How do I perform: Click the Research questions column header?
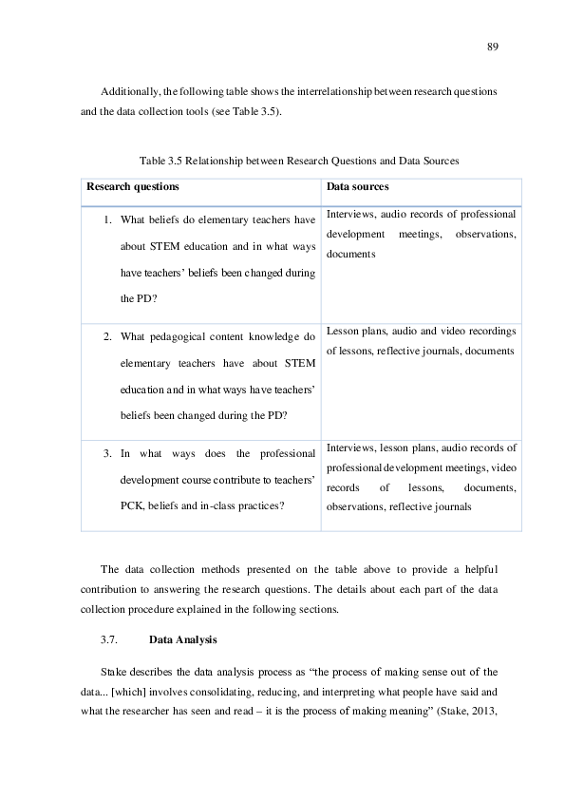tap(132, 186)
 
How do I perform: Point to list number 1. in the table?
tap(108, 220)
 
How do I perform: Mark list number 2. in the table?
tap(108, 336)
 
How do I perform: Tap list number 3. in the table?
tap(108, 452)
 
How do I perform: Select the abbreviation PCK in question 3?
tap(132, 505)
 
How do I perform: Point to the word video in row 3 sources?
tap(504, 467)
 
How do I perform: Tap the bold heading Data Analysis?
tap(183, 639)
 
